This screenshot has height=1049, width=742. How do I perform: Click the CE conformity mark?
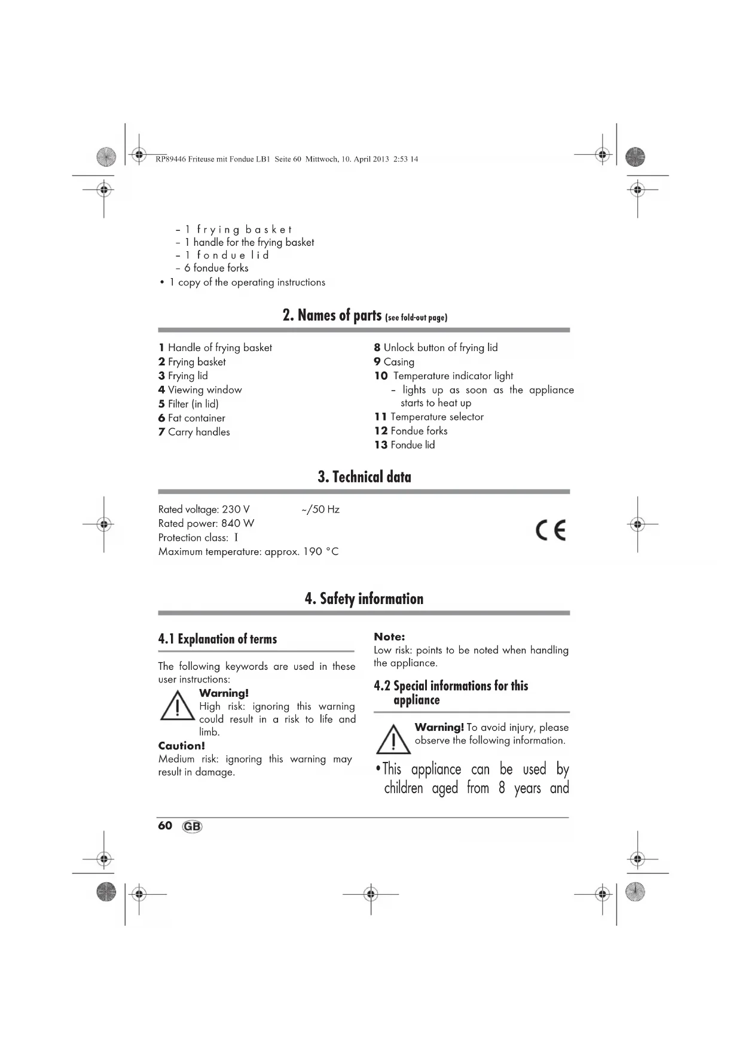550,530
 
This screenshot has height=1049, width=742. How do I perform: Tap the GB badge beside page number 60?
192,827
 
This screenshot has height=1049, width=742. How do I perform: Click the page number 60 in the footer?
165,826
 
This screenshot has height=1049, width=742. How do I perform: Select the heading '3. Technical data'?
364,477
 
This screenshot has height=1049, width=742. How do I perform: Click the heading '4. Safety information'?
364,599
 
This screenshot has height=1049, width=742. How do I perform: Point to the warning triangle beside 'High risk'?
177,706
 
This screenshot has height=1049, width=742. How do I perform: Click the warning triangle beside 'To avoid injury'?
393,740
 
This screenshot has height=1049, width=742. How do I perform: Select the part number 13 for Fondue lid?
381,445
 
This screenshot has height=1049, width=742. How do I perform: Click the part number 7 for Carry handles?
161,432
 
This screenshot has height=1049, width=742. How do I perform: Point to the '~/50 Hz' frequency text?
320,510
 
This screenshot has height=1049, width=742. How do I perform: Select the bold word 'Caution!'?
181,746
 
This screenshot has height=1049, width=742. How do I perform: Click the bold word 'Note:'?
389,637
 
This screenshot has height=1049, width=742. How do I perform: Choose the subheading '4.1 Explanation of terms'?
218,639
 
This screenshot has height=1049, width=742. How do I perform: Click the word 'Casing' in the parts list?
399,362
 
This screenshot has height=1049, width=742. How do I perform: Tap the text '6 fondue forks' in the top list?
216,268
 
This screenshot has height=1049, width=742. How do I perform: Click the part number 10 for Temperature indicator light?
381,376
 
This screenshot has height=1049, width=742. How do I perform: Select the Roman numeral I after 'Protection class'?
236,538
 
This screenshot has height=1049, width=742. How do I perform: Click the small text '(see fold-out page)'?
416,318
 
